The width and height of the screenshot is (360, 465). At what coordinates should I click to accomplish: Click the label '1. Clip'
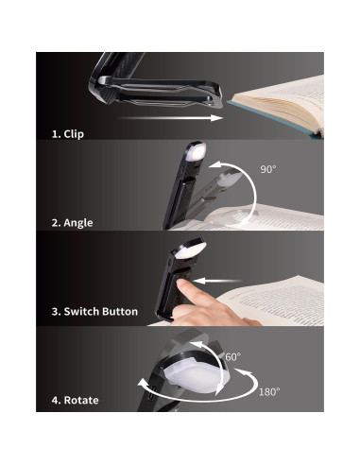coord(67,134)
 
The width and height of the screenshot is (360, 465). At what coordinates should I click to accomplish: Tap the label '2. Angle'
coord(73,222)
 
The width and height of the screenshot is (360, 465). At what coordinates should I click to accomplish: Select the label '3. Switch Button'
coord(94,311)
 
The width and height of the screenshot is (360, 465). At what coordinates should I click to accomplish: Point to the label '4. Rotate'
coord(74,400)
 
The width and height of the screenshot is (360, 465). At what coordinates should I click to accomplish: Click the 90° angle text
coord(269,170)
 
